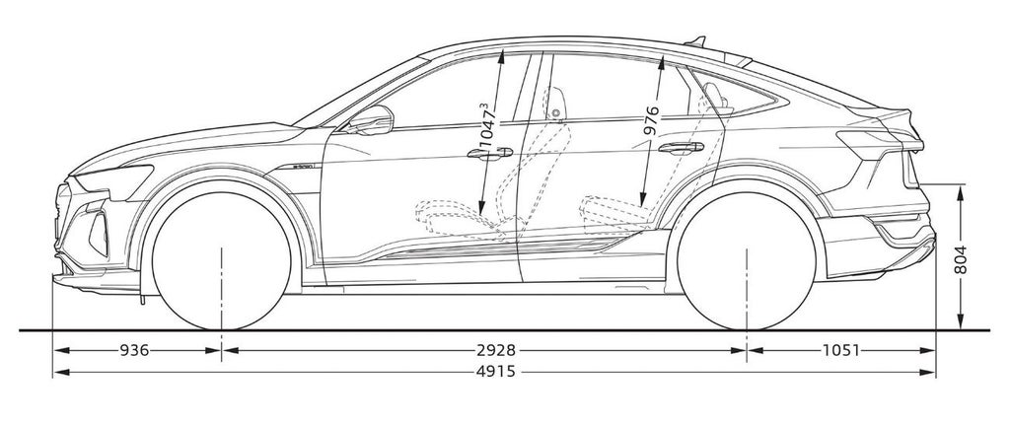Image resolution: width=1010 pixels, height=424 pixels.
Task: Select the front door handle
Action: pyautogui.click(x=490, y=154)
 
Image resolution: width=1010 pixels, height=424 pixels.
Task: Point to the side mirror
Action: pyautogui.click(x=373, y=120)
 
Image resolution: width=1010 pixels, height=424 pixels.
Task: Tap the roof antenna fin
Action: pyautogui.click(x=697, y=40)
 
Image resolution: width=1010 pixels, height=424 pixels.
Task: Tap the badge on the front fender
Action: pyautogui.click(x=301, y=169)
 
